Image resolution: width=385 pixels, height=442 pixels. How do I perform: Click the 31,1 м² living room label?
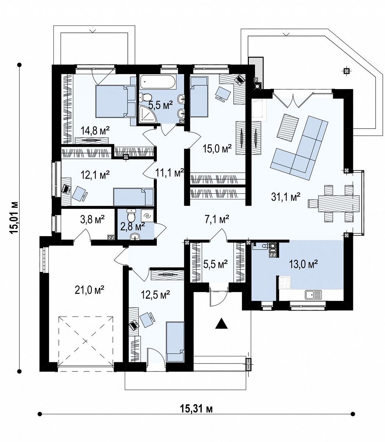(286, 197)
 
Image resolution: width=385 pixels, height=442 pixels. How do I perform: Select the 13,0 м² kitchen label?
(303, 264)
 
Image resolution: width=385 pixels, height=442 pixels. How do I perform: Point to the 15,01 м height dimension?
(13, 217)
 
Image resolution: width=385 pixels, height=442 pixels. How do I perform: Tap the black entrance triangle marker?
(221, 323)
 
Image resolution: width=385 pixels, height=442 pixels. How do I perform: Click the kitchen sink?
(313, 295)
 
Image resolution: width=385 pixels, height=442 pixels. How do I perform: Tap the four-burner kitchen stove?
(285, 283)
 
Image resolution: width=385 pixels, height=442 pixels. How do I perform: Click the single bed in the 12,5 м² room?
(175, 342)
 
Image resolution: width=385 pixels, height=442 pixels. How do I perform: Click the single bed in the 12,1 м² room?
(133, 197)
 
